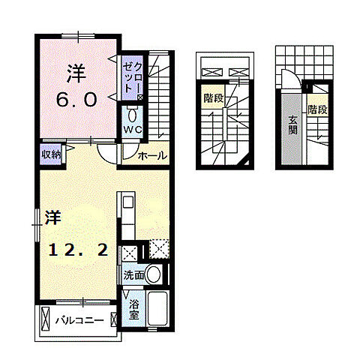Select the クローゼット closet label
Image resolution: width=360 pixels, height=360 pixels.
(132, 76)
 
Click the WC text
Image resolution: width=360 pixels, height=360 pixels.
(133, 130)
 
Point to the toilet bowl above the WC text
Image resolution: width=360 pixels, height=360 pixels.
(133, 115)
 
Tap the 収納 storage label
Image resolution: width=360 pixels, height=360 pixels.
(50, 154)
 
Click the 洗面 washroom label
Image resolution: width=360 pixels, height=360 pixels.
(133, 276)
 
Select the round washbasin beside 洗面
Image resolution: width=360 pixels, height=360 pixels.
(153, 275)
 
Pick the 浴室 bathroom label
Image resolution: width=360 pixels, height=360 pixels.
(134, 310)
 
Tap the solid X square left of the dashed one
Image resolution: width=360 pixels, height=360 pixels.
(129, 253)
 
